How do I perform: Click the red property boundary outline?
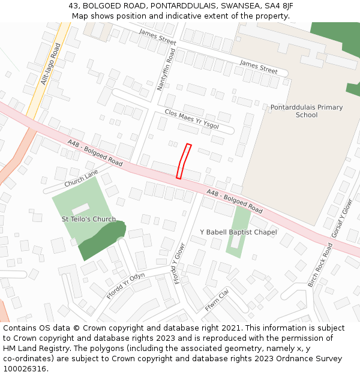pos(184,161)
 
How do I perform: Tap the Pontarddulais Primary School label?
pos(307,111)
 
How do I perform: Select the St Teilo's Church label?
pos(89,219)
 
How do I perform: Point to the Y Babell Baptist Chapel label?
pos(238,232)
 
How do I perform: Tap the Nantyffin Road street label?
pos(165,71)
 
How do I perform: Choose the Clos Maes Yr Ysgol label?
pos(191,120)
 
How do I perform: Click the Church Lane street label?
pos(81,177)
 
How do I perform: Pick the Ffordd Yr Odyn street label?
pos(125,286)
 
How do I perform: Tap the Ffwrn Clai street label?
pos(217,300)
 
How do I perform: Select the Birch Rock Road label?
pos(319,265)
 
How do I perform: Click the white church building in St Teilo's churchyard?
pos(81,209)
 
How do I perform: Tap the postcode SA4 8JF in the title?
pos(279,6)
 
